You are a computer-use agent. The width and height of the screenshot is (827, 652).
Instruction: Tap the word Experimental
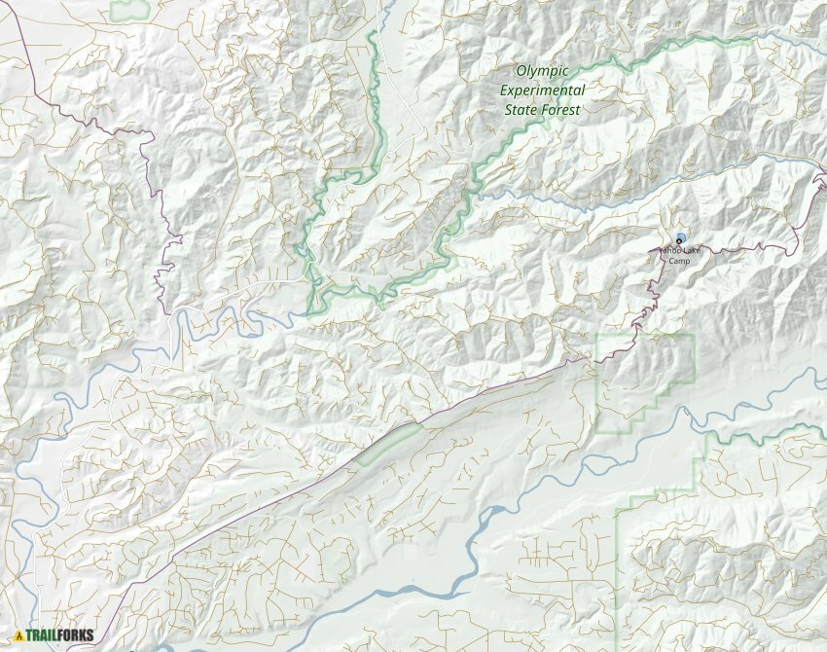tap(542, 91)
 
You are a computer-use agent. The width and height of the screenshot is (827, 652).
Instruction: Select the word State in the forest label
tap(521, 110)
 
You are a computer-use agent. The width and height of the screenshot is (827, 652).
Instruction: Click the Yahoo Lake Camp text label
tap(678, 255)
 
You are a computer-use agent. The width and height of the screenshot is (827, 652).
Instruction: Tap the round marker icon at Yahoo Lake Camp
tap(680, 238)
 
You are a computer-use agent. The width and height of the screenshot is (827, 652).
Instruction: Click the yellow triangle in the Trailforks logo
tap(18, 636)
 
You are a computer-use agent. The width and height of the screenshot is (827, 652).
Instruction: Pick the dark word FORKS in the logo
tap(76, 636)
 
